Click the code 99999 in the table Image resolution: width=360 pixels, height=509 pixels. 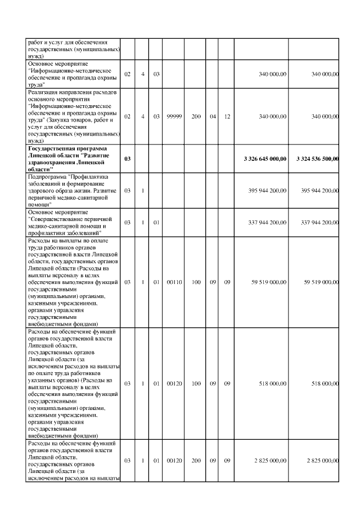coord(173,116)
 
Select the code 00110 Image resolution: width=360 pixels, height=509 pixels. coord(173,282)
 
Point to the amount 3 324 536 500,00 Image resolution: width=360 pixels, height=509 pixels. coord(317,159)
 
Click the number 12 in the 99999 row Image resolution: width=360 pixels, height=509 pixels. coord(227,116)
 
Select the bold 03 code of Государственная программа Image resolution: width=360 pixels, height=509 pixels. coord(127,159)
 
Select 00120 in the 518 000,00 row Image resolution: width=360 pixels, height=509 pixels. coord(173,384)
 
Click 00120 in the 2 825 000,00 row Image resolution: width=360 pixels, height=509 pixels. coord(173,461)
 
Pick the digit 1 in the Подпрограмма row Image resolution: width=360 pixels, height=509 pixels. coord(143,190)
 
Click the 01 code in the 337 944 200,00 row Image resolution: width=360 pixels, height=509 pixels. coord(157,222)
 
